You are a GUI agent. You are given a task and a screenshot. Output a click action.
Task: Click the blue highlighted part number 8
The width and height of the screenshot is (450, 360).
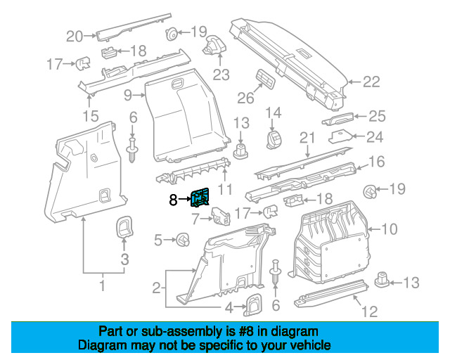(x=200, y=198)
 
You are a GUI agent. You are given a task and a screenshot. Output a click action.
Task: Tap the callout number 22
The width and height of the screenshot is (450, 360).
(x=371, y=82)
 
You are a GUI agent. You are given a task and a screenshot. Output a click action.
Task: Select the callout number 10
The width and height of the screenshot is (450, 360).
(x=389, y=229)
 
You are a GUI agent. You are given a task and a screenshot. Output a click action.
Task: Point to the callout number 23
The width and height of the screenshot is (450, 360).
(x=221, y=75)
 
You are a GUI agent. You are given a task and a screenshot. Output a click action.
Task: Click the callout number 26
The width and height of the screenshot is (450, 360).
(x=245, y=98)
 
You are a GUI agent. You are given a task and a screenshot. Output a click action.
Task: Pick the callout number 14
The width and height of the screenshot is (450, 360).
(x=274, y=112)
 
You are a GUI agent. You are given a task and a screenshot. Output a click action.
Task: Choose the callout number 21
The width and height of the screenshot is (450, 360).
(x=307, y=138)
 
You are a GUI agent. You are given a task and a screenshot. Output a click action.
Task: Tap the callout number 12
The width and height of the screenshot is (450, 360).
(x=370, y=311)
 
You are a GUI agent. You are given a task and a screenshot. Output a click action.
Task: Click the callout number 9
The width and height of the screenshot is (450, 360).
(x=128, y=95)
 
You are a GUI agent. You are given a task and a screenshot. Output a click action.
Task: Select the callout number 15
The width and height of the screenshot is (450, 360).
(x=91, y=116)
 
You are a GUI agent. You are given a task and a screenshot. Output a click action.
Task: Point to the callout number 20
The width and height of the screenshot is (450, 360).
(x=75, y=37)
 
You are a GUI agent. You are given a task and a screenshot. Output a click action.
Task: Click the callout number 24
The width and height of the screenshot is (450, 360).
(x=375, y=137)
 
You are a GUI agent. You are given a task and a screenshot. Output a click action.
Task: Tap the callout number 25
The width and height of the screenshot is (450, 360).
(x=377, y=116)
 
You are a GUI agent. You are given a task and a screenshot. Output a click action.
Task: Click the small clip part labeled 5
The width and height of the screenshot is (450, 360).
(x=183, y=240)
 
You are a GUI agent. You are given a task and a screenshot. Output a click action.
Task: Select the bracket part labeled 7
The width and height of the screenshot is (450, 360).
(x=221, y=216)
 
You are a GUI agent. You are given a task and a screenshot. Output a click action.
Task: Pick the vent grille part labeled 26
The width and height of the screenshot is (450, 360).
(x=266, y=78)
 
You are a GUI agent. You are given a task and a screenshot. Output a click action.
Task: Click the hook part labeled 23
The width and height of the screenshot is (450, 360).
(x=214, y=45)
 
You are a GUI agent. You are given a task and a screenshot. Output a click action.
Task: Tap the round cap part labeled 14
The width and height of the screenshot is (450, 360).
(x=274, y=140)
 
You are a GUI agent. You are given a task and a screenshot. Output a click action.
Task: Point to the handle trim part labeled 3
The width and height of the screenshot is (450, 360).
(x=124, y=227)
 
